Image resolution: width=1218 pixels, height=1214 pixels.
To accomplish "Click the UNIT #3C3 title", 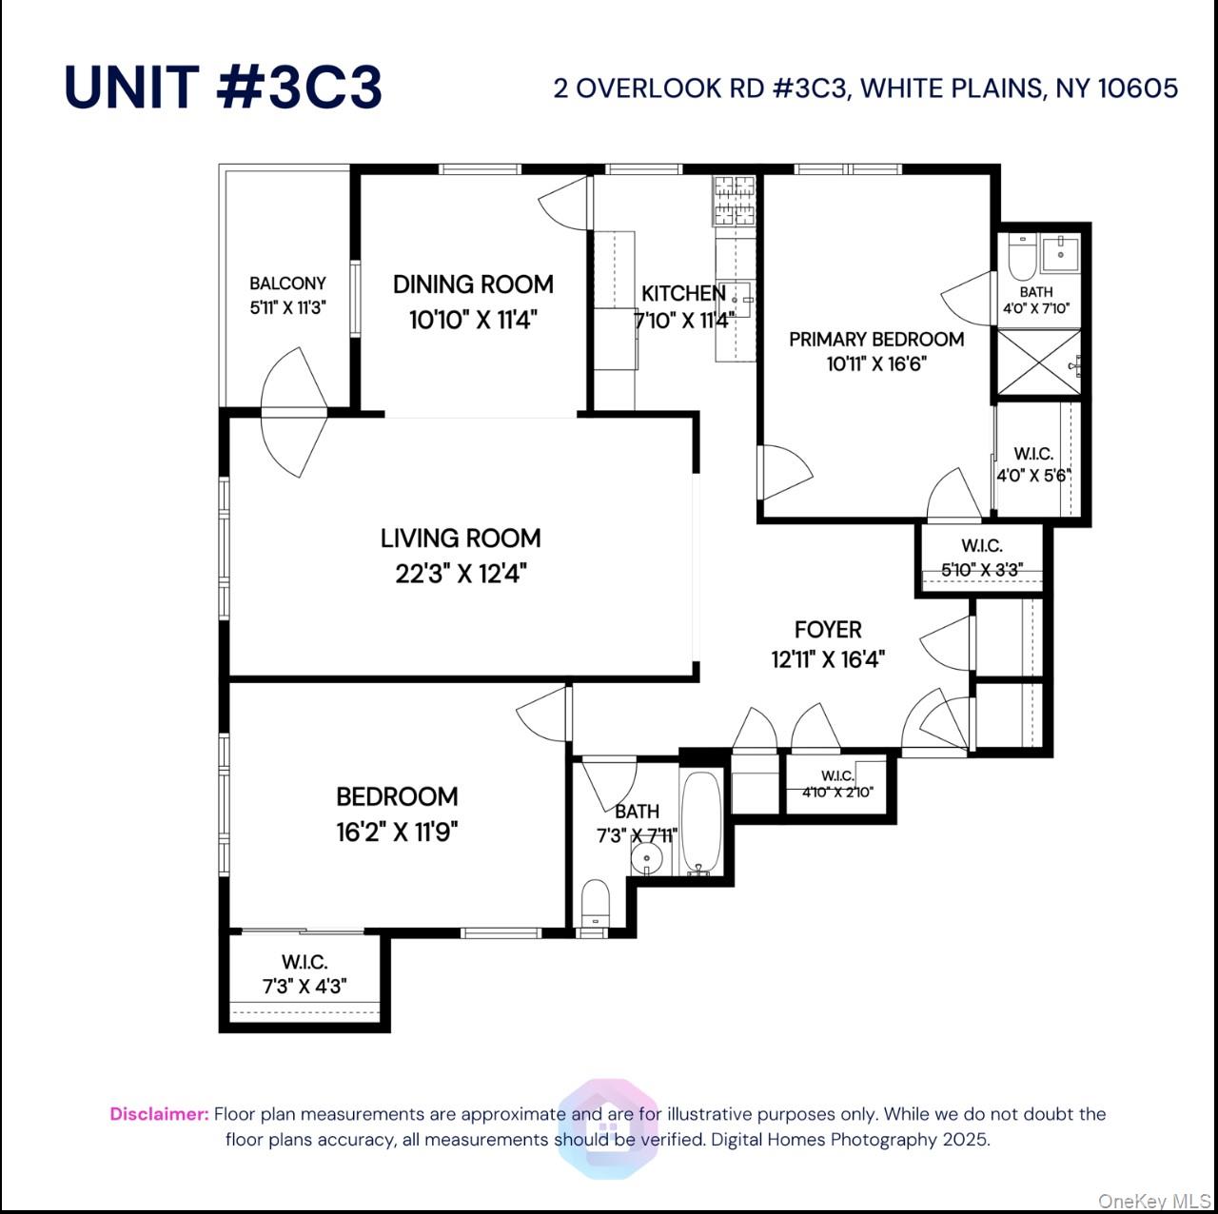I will tap(224, 88).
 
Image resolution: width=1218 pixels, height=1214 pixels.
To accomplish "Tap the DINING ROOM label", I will tap(473, 284).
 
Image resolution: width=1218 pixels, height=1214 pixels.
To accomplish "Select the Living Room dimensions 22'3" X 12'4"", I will tap(462, 574).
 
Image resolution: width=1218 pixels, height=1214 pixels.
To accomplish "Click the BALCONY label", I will tap(287, 284).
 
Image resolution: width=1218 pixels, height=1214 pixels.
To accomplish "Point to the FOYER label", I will tap(828, 630).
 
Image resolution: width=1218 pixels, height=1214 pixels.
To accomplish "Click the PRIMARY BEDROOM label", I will tap(876, 340).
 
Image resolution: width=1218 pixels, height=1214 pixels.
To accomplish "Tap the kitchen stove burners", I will tap(735, 200).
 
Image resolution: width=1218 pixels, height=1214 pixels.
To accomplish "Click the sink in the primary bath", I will tap(1059, 253).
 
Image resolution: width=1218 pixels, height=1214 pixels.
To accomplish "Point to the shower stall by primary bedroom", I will tap(1037, 362).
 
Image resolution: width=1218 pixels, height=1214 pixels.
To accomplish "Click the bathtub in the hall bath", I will tap(701, 821).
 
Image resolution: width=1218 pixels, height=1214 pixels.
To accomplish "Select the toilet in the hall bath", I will tap(595, 900).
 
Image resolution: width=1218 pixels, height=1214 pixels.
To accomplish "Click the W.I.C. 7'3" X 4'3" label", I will tap(304, 974).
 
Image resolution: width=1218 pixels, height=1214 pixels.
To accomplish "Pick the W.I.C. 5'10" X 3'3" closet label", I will tap(981, 558).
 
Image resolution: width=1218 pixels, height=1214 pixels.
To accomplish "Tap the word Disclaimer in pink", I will tap(159, 1114).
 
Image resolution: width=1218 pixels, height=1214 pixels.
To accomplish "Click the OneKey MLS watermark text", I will tap(1154, 1201).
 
